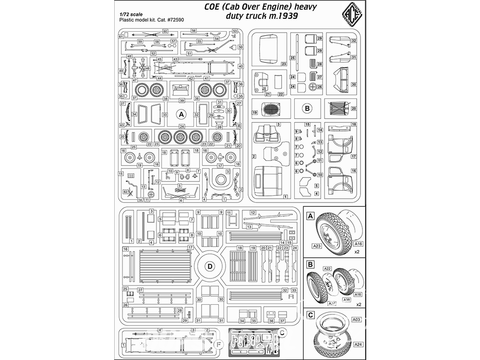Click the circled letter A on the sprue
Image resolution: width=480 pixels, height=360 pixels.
(x=181, y=114)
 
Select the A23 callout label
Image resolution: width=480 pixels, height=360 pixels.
(x=316, y=246)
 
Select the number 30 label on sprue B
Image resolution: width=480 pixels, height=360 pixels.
(x=353, y=84)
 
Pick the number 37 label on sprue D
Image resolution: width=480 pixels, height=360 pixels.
(x=283, y=321)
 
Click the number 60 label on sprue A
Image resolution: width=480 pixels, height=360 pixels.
(x=165, y=31)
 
